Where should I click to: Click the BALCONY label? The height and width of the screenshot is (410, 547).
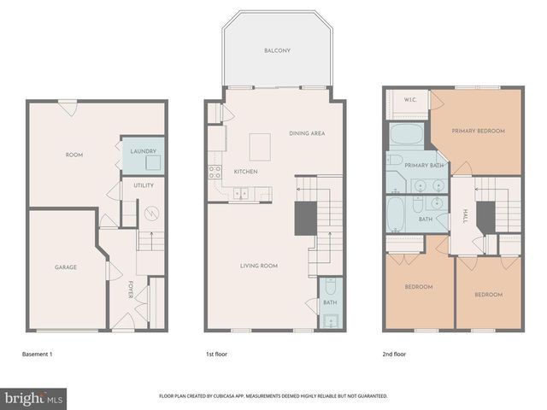point(277,51)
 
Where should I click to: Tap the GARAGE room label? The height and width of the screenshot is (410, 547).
point(66,267)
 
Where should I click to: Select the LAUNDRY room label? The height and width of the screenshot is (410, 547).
point(142,151)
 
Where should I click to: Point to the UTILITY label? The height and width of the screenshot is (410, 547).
point(143,184)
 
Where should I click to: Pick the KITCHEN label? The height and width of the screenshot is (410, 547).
point(245,173)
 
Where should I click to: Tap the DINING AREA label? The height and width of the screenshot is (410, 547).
point(307,133)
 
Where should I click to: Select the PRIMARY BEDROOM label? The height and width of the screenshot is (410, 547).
point(479,131)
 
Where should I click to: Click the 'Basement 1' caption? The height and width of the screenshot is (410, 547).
point(37,354)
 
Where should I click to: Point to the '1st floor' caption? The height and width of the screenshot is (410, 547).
point(215,354)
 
